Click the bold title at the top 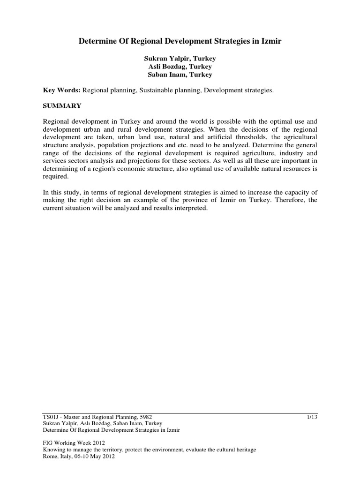(x=180, y=42)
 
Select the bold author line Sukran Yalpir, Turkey (x=180, y=59)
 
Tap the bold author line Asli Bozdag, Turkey (x=180, y=67)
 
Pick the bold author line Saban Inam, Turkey (x=180, y=75)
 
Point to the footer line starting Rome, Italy (x=78, y=457)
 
